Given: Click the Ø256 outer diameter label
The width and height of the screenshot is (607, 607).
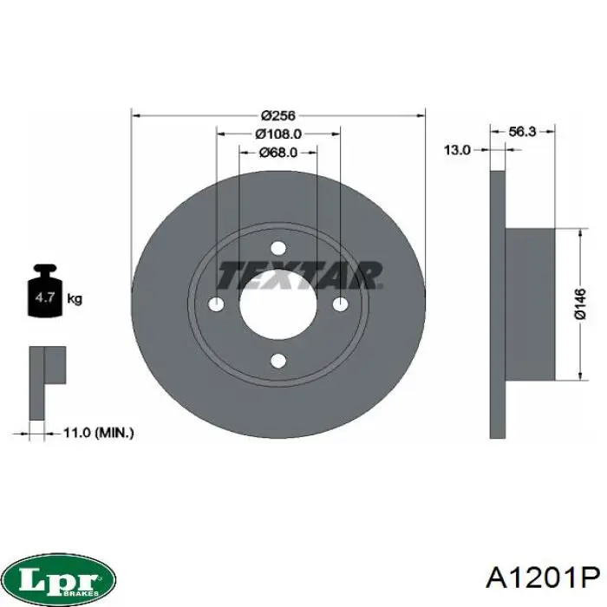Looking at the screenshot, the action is point(278,115).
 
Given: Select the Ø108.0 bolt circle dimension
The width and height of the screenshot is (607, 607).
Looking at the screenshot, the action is point(278,134).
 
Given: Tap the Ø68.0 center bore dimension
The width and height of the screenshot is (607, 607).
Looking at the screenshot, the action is point(278,153).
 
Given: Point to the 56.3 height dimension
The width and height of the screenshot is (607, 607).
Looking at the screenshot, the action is point(522,132).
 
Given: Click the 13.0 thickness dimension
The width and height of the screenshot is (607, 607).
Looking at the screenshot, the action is point(457,150).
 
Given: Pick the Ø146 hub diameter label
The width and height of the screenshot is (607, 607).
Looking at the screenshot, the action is point(580,303).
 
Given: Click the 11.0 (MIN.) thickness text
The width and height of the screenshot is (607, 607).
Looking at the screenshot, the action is point(98,433).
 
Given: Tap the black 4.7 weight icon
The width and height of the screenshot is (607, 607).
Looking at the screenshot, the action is point(45,290).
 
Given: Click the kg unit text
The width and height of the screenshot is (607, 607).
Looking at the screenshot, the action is point(75,299).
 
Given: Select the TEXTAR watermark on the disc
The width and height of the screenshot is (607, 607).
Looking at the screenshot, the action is point(300,275).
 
